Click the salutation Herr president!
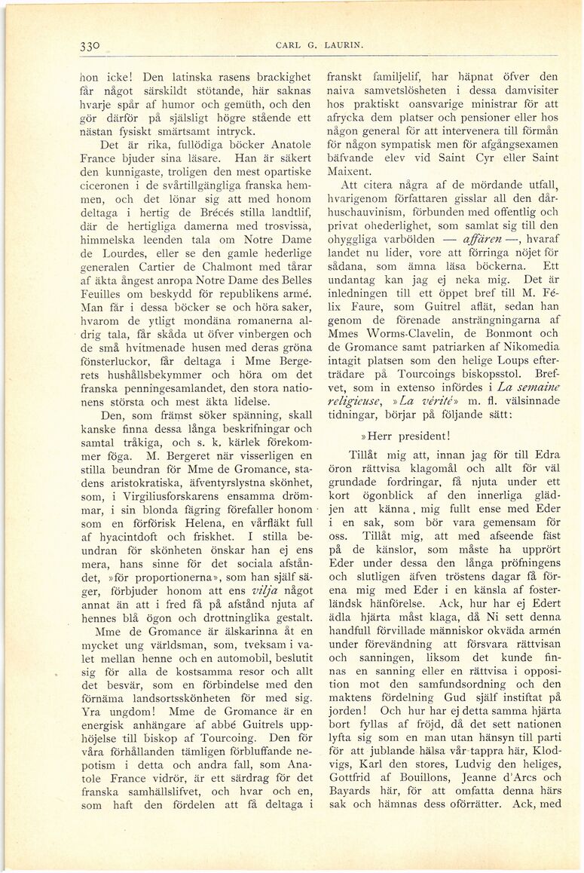(402, 434)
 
